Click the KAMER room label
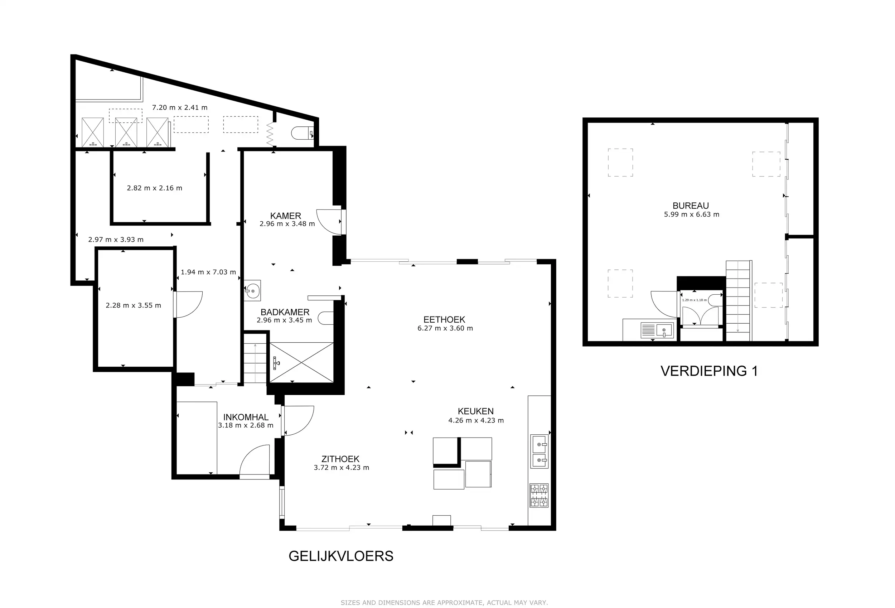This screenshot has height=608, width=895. (285, 216)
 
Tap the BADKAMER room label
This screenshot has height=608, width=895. (285, 312)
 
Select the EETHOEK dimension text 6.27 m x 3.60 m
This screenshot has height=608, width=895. (445, 328)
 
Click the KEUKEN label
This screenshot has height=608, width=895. (476, 411)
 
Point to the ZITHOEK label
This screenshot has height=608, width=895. (340, 459)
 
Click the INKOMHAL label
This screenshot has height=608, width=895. (246, 417)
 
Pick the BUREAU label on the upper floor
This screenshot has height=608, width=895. (691, 206)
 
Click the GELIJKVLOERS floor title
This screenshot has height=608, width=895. (341, 556)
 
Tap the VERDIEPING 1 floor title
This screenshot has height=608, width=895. (709, 371)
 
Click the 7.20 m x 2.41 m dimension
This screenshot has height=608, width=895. (179, 107)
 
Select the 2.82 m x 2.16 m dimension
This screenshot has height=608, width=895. (154, 188)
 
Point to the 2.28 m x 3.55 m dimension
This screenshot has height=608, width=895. (133, 305)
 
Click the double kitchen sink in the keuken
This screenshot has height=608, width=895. (539, 451)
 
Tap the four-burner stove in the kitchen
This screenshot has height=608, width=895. (539, 496)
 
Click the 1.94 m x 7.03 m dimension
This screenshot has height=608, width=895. (208, 272)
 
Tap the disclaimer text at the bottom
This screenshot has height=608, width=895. (444, 602)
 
